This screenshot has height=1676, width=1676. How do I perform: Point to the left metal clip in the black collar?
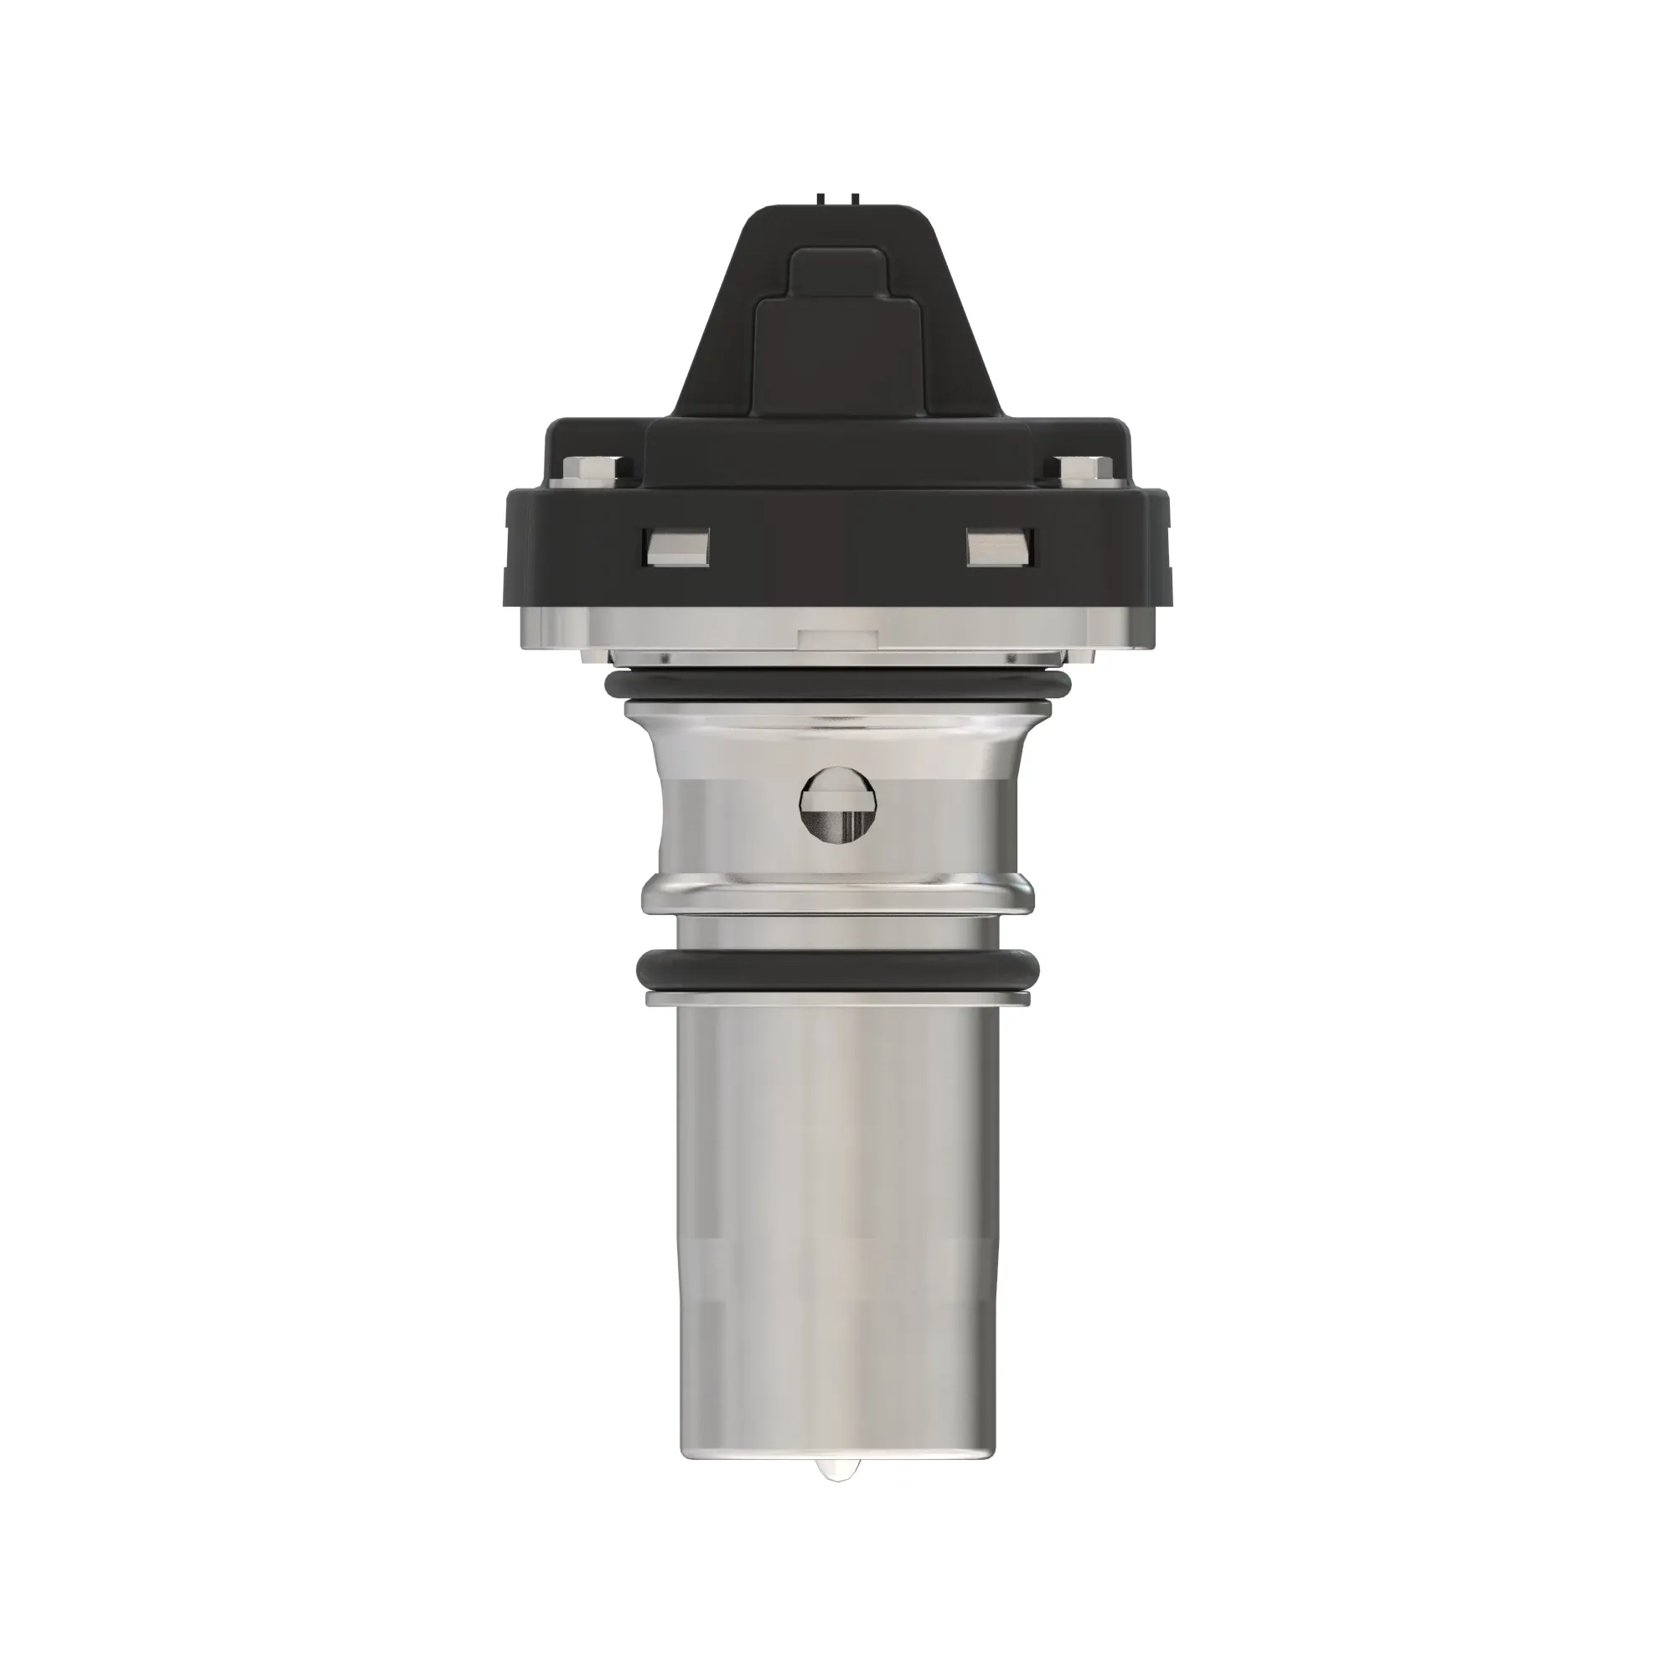[676, 547]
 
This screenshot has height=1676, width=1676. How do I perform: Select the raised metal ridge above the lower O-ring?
[837, 893]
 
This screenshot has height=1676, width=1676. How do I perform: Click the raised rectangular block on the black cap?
[837, 355]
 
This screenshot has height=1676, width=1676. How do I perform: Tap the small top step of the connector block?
[837, 271]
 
